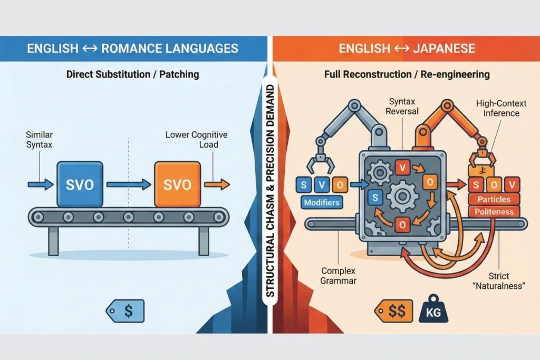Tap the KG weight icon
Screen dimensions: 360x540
tap(433, 312)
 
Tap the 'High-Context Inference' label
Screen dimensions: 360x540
tap(497, 109)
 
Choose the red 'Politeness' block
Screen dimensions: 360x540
tap(493, 212)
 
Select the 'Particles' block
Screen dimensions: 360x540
tap(493, 199)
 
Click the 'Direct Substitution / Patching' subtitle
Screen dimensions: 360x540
tap(132, 74)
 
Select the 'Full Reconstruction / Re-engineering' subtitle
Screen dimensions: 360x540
tap(406, 74)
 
